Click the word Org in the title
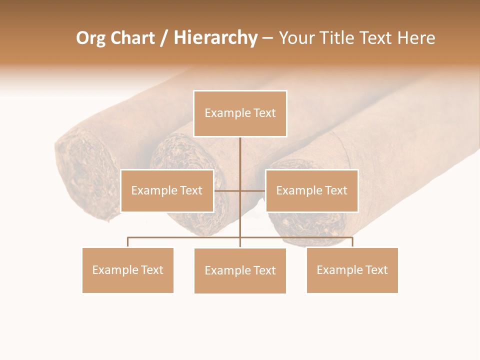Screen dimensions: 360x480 91,38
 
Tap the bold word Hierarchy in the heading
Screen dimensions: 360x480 215,38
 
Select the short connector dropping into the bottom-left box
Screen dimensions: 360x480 127,242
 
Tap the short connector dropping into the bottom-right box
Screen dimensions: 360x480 352,242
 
